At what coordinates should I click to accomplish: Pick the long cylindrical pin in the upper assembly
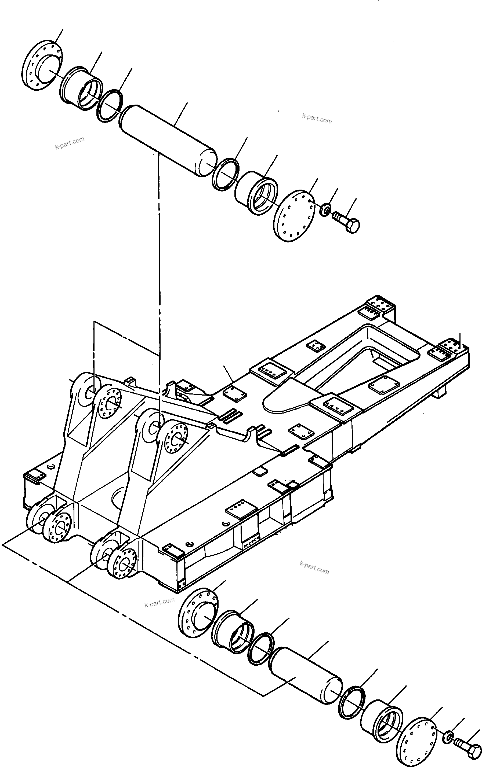point(168,141)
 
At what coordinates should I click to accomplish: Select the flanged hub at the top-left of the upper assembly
point(42,65)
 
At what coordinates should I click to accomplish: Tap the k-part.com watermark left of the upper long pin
point(70,143)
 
